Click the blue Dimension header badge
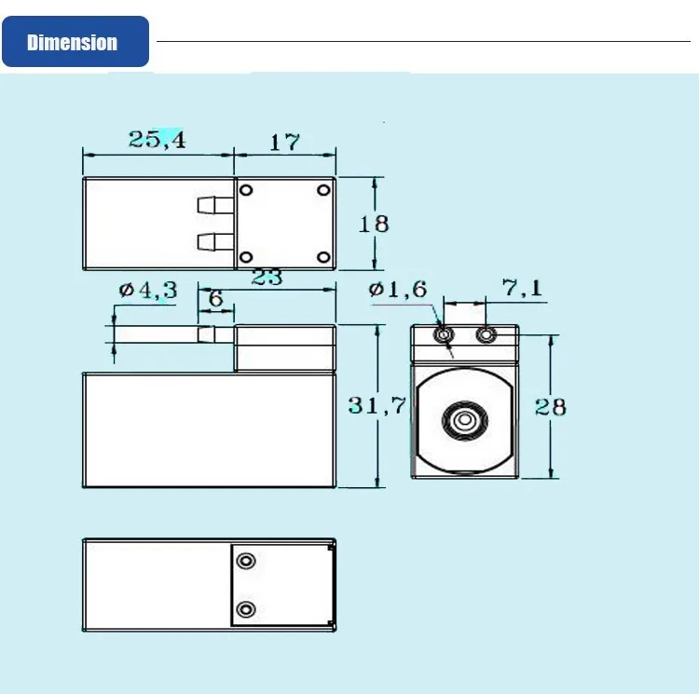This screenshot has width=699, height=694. pyautogui.click(x=75, y=41)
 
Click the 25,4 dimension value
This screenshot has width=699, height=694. pyautogui.click(x=157, y=140)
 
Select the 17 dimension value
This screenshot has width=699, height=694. pyautogui.click(x=284, y=143)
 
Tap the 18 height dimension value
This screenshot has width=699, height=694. pyautogui.click(x=374, y=224)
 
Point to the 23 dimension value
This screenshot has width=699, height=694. pyautogui.click(x=267, y=277)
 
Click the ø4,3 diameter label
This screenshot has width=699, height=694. pyautogui.click(x=148, y=291)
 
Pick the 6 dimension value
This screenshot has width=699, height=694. pyautogui.click(x=216, y=298)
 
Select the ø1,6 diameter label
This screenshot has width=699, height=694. pyautogui.click(x=398, y=290)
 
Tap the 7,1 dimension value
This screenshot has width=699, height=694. pyautogui.click(x=522, y=288)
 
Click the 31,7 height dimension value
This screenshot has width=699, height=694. pyautogui.click(x=377, y=405)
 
